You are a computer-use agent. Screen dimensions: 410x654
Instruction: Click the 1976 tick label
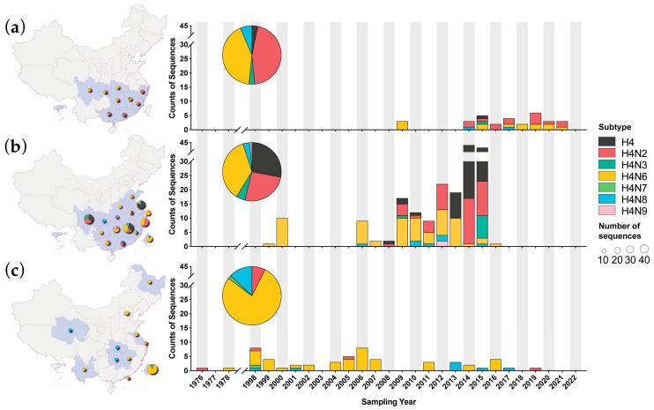tap(201, 382)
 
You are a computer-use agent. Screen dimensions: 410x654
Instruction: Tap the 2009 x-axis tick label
tap(401, 382)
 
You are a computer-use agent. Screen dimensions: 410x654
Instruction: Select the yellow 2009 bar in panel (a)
tap(401, 125)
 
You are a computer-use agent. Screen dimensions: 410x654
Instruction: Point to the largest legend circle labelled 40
tap(643, 250)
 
